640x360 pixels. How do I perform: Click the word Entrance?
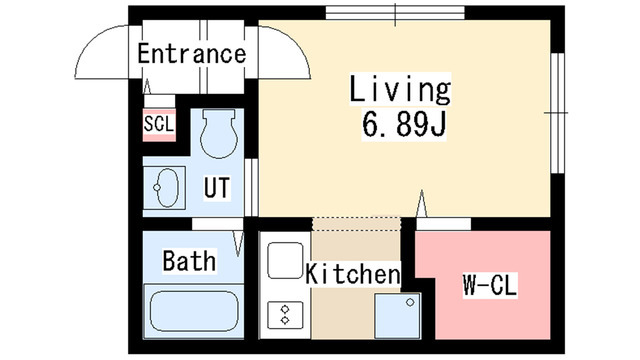point(191,54)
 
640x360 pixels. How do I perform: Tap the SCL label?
point(158,124)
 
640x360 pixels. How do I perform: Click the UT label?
point(218,186)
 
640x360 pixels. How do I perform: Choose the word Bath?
point(189,262)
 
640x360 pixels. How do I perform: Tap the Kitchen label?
point(353,273)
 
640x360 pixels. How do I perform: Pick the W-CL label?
point(489,286)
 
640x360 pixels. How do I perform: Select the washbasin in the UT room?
point(166,186)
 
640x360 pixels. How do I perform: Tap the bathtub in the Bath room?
point(191,314)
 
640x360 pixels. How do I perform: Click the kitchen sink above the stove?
point(283,262)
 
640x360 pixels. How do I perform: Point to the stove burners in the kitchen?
point(284,313)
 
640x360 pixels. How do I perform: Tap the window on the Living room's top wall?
point(394,14)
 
